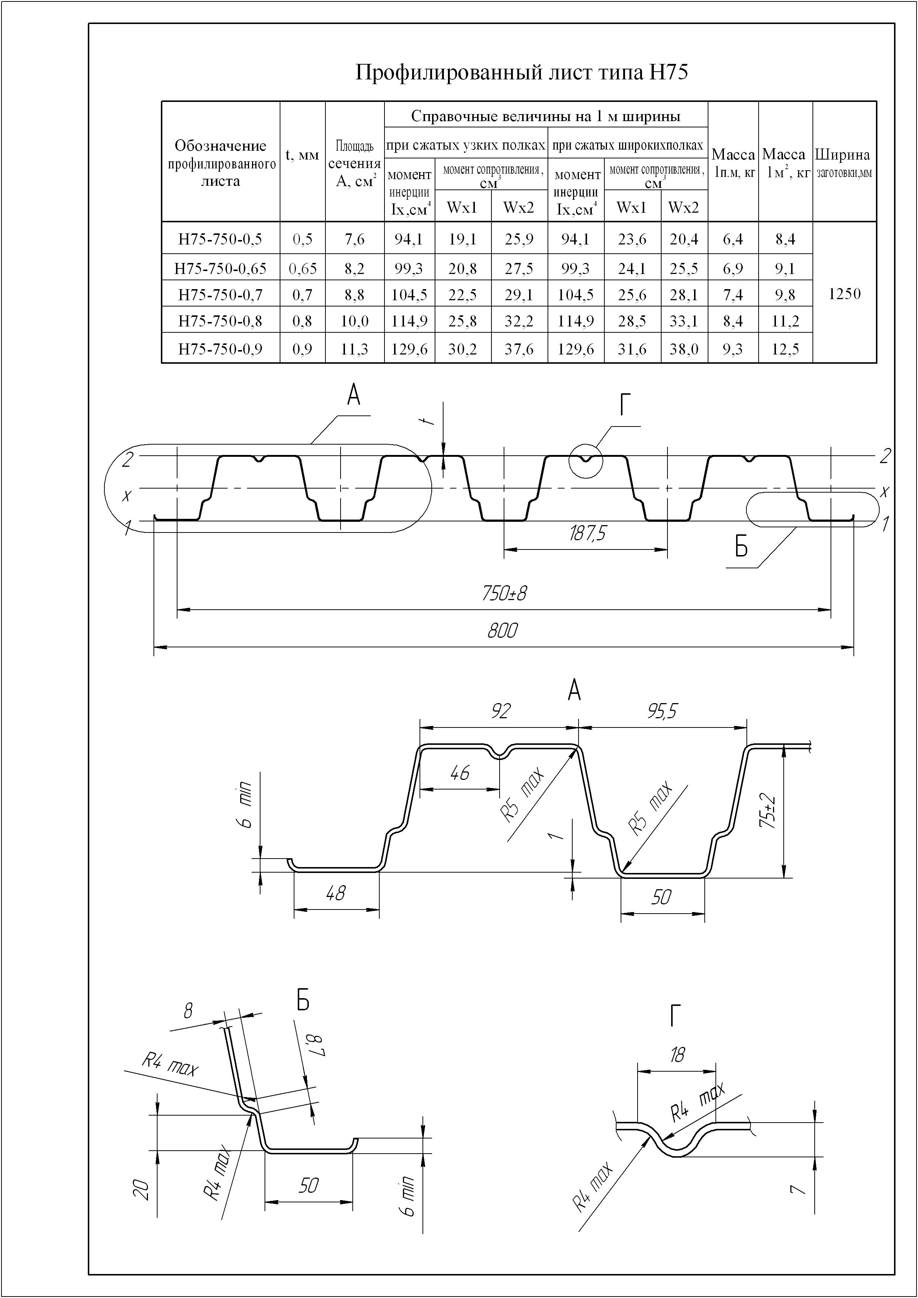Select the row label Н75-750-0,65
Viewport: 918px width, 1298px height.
pos(220,268)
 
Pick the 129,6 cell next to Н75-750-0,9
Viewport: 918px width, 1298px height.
pos(409,349)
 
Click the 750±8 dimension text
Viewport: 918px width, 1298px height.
pos(504,593)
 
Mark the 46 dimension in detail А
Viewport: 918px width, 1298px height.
pos(460,773)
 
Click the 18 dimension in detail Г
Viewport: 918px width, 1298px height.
pos(677,1054)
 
